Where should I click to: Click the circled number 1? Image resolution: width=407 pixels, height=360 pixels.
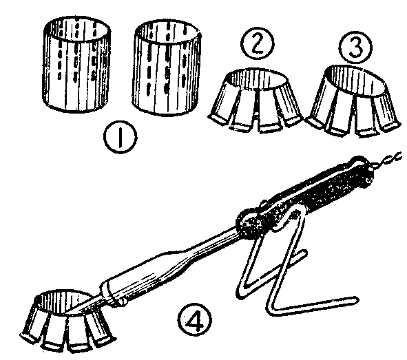coord(121,137)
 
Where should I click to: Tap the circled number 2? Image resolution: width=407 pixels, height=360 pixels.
coord(258,43)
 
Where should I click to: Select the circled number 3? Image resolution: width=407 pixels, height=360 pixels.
coord(355,47)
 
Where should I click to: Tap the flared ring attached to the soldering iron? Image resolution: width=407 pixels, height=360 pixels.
coord(68,321)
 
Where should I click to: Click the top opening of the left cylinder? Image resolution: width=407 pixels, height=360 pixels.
coord(77,30)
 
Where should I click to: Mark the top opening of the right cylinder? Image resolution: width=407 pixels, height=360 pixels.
coord(168,32)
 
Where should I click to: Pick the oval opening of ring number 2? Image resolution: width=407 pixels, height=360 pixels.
coord(257,79)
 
